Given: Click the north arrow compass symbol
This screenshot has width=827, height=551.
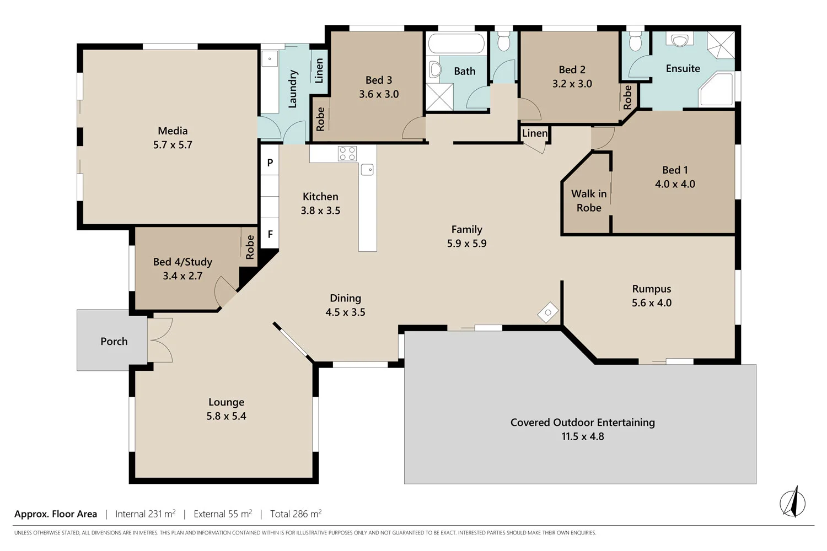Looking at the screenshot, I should coord(793,502).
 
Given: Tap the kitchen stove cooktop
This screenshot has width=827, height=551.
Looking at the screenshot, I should coord(347,153).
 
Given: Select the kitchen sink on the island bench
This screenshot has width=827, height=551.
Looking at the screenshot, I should coord(367,170).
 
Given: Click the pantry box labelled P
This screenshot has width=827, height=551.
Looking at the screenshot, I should coord(270,163).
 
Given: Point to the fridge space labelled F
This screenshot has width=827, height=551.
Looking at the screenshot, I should coord(270,234).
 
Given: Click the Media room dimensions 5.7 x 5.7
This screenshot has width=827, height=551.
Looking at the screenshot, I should coord(173,145).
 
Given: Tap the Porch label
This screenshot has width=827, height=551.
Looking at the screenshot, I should coord(114,341).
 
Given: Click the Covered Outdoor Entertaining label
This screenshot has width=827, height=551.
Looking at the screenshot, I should coord(582,422).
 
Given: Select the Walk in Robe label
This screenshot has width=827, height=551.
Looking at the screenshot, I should coord(589,201).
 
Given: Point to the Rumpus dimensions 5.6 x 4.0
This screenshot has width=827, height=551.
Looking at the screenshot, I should coord(652,302).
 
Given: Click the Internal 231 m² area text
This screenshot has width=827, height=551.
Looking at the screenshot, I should coord(145,514).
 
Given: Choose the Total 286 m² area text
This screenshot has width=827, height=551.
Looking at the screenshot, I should coord(296,514).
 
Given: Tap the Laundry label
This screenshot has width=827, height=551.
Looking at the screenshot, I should coord(293,89).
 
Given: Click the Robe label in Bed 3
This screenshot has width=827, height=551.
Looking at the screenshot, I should coord(320,120).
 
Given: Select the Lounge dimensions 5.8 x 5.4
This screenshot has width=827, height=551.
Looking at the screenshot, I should coord(226,416).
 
